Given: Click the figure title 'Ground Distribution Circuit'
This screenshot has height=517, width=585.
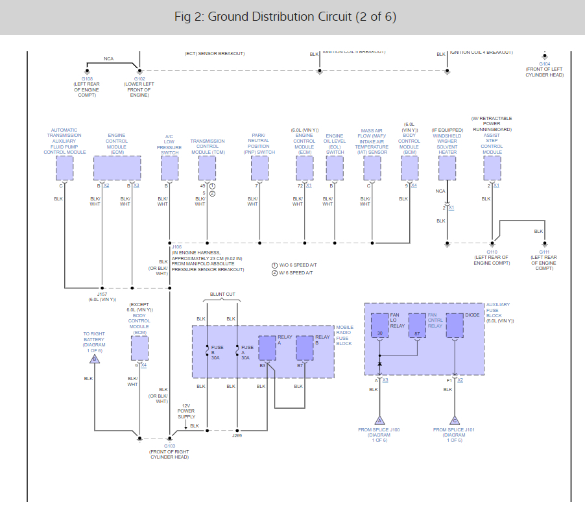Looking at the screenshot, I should click(x=285, y=16).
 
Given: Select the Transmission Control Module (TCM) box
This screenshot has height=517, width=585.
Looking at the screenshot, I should click(x=207, y=168).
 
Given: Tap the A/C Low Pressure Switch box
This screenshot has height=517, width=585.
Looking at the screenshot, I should click(x=169, y=168).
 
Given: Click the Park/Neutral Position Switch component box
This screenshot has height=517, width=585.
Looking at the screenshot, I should click(x=259, y=168).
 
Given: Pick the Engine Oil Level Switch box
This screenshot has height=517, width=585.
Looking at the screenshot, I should click(x=335, y=168).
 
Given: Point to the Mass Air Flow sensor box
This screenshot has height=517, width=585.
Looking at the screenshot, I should click(x=372, y=168).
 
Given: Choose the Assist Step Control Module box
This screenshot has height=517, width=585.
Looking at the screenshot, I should click(x=492, y=168).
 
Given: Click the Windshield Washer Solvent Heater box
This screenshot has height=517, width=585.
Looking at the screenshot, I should click(x=447, y=168).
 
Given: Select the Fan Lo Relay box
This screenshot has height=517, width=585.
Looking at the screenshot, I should click(x=379, y=325).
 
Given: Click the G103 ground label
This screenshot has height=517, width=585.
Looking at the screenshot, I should click(x=169, y=446).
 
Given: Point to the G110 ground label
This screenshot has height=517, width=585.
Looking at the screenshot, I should click(x=492, y=252).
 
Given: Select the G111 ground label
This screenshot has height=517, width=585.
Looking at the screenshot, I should click(x=544, y=252).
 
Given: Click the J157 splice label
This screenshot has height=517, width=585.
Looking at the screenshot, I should click(x=102, y=295).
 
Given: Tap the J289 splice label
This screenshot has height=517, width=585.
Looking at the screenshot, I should click(x=237, y=436).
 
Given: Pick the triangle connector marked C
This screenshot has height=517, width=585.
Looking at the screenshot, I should click(x=455, y=420).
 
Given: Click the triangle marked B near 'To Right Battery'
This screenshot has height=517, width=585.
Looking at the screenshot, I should click(x=95, y=358).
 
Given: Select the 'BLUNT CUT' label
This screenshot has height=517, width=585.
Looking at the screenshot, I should click(x=222, y=294).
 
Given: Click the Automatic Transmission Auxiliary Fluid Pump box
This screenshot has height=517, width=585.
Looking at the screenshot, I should click(x=64, y=168).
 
